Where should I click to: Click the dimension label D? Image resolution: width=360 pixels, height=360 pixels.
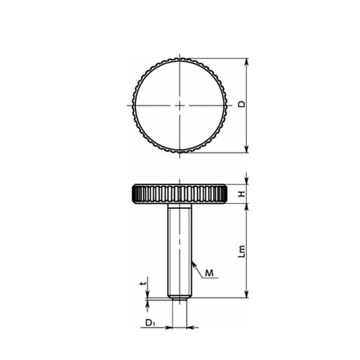click(242, 104)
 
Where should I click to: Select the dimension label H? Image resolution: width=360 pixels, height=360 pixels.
click(242, 194)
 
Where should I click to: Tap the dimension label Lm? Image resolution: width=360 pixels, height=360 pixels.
click(242, 251)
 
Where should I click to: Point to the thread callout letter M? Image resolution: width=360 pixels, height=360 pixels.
click(210, 273)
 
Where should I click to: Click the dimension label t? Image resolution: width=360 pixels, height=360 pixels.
click(143, 284)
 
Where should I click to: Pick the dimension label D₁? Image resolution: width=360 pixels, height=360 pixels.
click(150, 323)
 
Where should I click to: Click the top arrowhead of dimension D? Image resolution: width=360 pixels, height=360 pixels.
click(246, 62)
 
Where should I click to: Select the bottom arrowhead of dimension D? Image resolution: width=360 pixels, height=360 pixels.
click(246, 149)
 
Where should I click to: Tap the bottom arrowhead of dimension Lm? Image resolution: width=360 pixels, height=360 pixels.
click(246, 294)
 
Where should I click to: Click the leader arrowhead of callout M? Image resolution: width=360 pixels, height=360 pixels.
click(194, 264)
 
